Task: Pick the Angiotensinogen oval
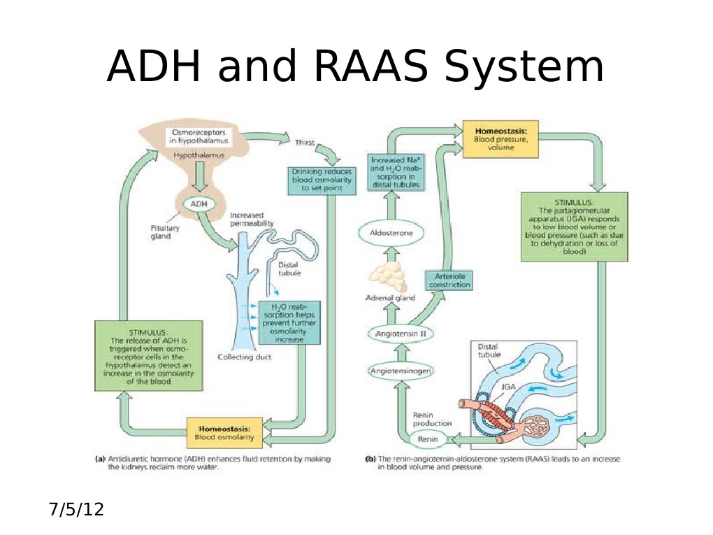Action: (x=400, y=371)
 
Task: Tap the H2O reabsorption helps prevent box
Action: (x=289, y=322)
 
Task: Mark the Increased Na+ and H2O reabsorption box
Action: (x=393, y=172)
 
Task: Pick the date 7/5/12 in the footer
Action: (x=76, y=509)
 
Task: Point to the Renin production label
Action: (x=432, y=418)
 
